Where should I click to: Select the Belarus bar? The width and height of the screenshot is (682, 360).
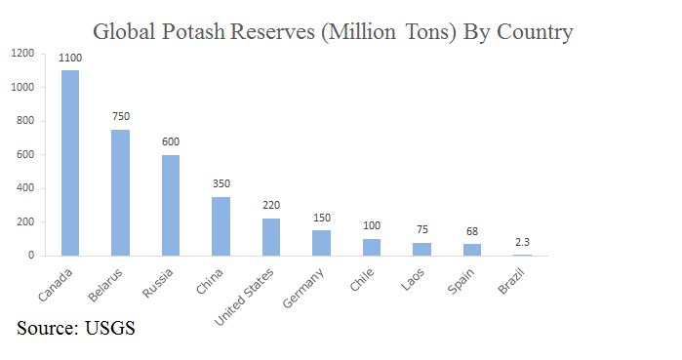tap(120, 192)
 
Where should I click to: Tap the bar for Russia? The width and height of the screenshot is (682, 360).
tap(171, 205)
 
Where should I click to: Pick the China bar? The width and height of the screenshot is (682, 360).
tap(221, 226)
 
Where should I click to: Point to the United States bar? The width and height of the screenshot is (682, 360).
tap(271, 237)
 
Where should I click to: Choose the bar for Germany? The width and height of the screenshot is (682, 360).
tap(322, 243)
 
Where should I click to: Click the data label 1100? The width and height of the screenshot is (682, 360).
tap(70, 59)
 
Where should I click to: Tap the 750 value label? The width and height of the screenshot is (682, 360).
tap(120, 117)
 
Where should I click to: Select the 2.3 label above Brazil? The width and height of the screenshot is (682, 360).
tap(522, 241)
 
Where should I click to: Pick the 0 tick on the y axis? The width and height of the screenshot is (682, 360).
tap(32, 256)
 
